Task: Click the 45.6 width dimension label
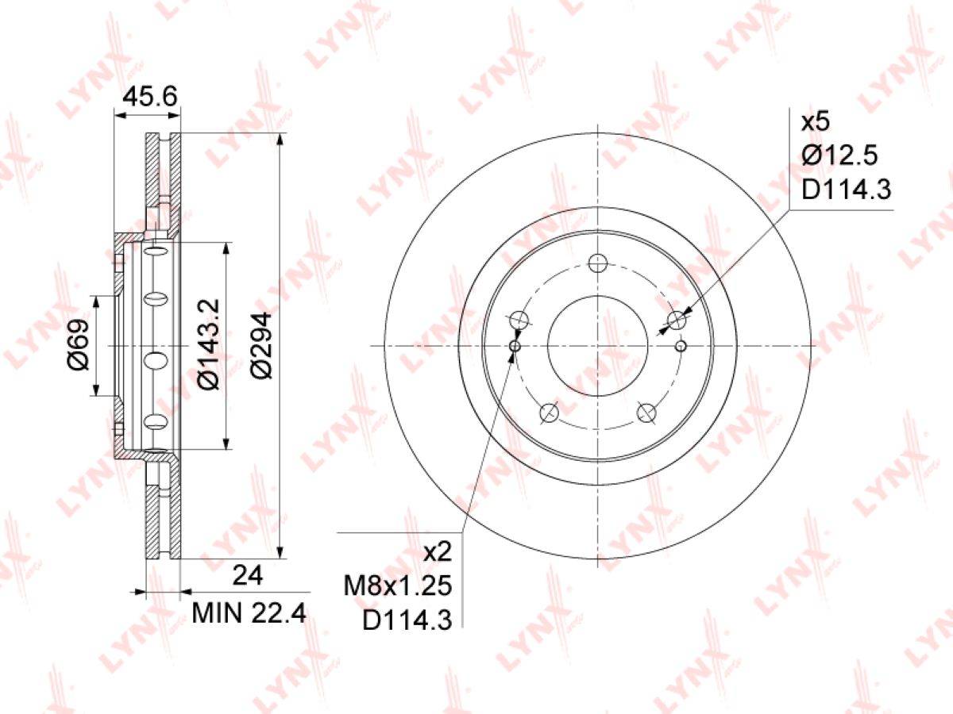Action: coord(150,97)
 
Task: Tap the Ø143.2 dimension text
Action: coord(210,344)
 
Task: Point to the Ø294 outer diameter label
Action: coord(261,345)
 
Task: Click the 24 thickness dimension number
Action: coord(248,576)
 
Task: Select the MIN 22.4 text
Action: coord(249,613)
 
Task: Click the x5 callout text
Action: coord(816,122)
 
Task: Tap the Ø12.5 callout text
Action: coord(839,155)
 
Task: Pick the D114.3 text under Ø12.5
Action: coord(847,190)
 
